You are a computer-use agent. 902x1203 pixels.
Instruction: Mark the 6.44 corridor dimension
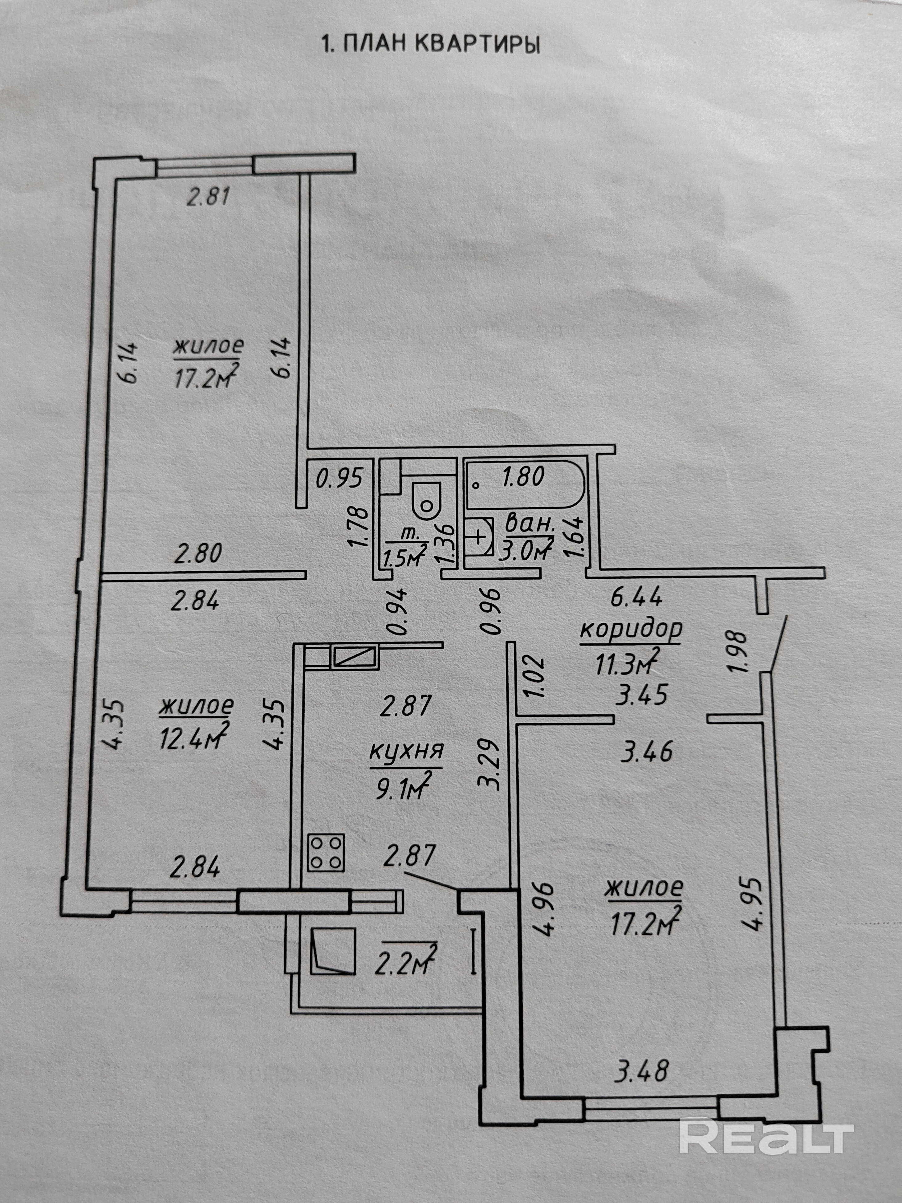(x=636, y=598)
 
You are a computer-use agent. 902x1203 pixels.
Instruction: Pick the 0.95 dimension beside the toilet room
(x=339, y=479)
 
